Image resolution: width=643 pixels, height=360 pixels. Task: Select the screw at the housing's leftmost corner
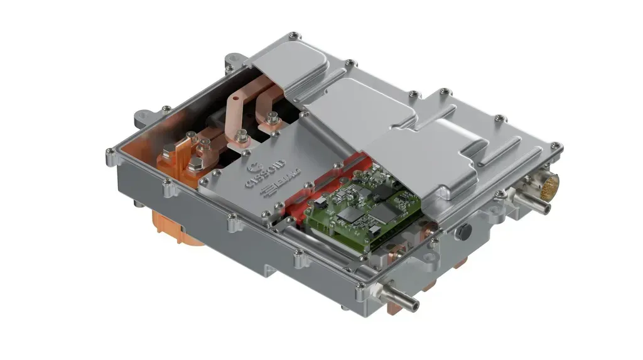tap(111, 151)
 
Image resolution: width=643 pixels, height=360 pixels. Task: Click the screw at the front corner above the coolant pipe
tap(360, 290)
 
